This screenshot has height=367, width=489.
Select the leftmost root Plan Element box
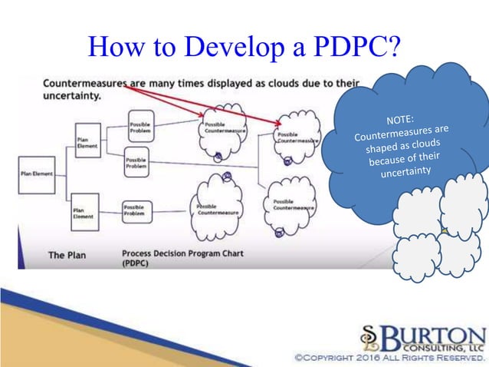point(36,174)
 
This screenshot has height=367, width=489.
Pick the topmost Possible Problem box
point(140,127)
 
